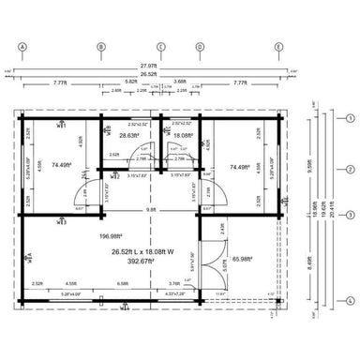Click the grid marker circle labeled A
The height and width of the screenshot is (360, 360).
(x=22, y=46)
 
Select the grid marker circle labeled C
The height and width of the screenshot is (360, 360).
(x=160, y=46)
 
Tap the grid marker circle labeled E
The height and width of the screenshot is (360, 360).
(x=277, y=46)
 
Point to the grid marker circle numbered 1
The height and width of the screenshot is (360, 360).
(x=350, y=119)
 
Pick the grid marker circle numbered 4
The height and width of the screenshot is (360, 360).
(x=350, y=300)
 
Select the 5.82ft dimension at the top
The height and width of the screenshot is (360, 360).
(x=130, y=82)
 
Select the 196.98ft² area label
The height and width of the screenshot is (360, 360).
(x=111, y=236)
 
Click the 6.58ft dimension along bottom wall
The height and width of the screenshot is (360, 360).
(x=122, y=283)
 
